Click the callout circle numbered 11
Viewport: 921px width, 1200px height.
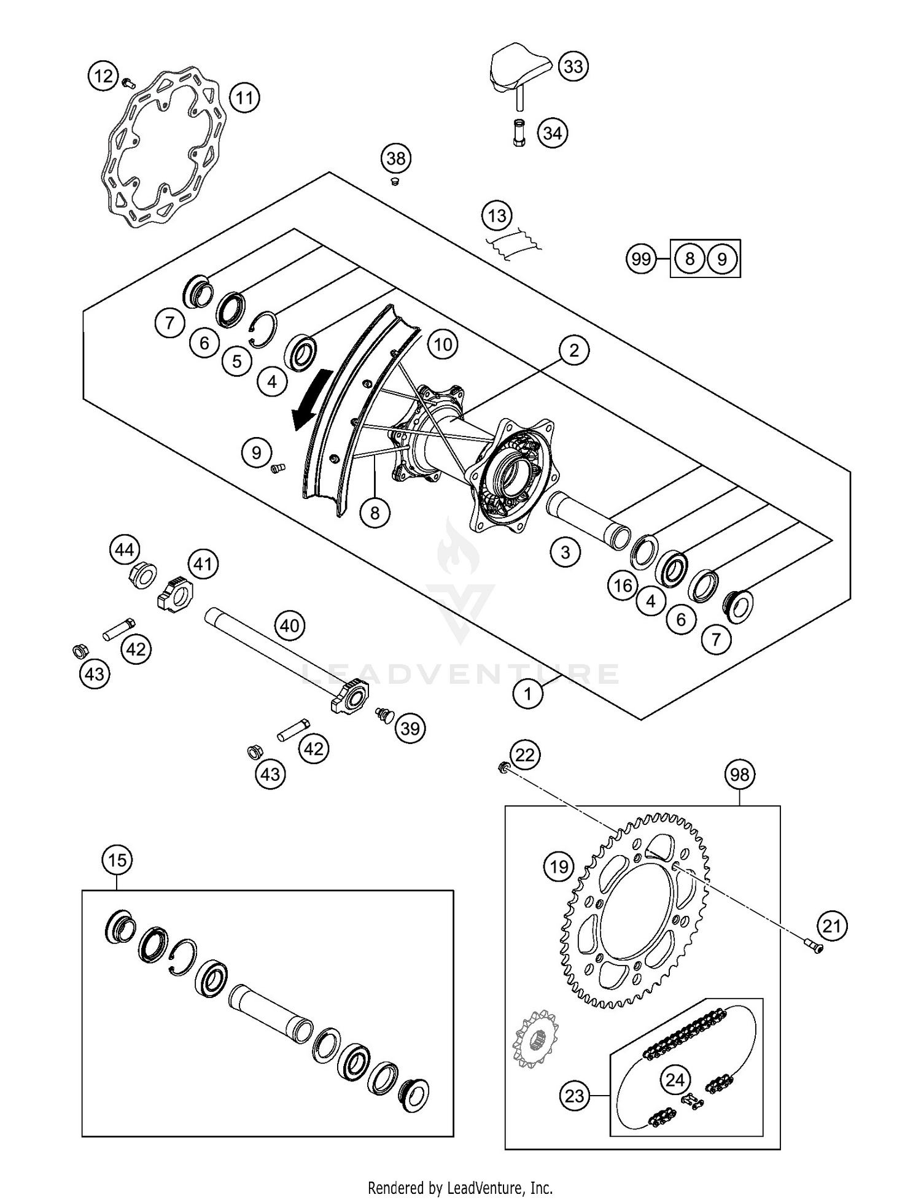[x=244, y=98]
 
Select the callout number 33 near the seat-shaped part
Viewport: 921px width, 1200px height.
[x=573, y=66]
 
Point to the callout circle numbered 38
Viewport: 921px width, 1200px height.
[x=396, y=158]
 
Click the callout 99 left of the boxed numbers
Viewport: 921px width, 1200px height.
[x=641, y=259]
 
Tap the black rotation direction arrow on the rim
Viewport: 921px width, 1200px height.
[x=311, y=400]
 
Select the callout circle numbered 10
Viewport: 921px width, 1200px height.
[x=443, y=344]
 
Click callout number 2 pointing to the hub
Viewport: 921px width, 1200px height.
[x=573, y=350]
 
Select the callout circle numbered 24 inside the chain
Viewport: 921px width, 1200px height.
[x=675, y=1080]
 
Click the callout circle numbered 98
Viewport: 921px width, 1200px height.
[x=739, y=774]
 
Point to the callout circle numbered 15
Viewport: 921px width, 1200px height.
[x=117, y=860]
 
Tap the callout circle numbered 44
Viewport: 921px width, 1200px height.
[x=125, y=549]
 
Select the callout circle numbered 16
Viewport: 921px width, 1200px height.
[x=623, y=586]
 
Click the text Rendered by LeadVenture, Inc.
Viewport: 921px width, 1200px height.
[x=460, y=1187]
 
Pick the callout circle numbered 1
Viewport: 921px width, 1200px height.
[x=527, y=694]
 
